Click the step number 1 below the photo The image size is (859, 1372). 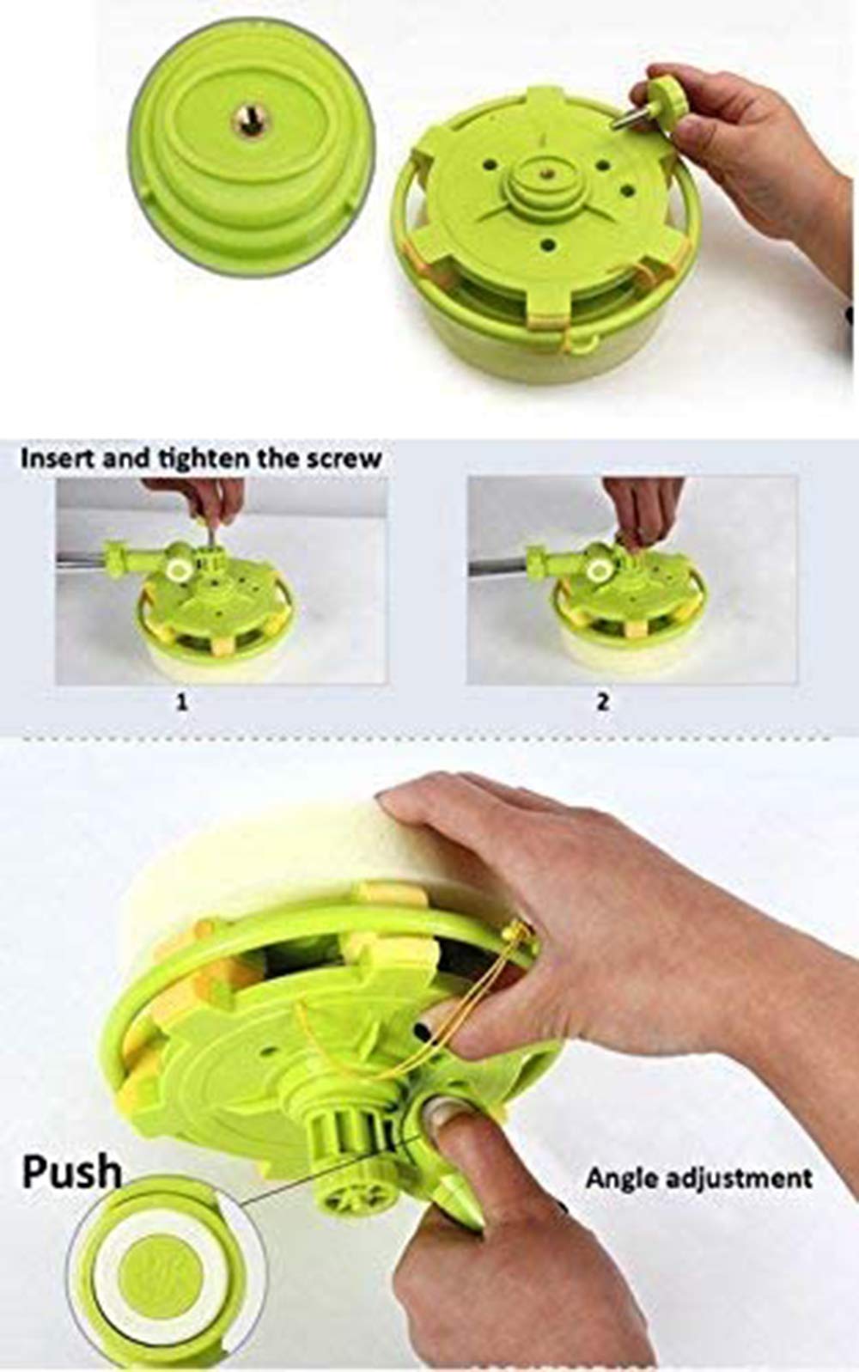pyautogui.click(x=181, y=702)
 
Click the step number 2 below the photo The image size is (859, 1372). pyautogui.click(x=603, y=702)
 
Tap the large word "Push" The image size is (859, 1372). pyautogui.click(x=72, y=1172)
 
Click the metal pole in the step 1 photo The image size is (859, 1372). pyautogui.click(x=82, y=559)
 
